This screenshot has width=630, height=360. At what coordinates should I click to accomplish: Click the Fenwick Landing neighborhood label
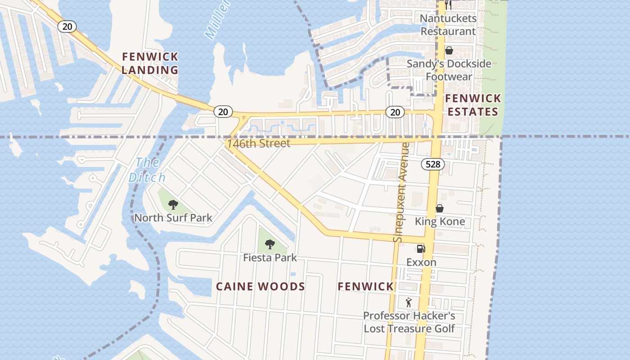150,63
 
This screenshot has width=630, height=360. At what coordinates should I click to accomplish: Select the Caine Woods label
261,287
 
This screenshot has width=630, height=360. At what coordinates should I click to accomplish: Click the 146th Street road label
259,144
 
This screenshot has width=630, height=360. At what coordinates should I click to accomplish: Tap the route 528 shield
432,164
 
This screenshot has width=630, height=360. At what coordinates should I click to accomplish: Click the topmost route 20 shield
67,27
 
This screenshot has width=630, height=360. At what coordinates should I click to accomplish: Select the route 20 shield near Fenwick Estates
395,112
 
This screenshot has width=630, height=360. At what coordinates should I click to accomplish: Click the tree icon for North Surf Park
173,205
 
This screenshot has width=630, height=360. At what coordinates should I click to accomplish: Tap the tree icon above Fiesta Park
270,244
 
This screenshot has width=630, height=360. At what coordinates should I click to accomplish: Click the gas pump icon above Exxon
421,249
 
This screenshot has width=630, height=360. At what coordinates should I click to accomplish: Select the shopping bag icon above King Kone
440,208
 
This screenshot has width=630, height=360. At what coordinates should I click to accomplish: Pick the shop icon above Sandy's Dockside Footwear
449,50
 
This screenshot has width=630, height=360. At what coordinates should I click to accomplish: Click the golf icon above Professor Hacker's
409,302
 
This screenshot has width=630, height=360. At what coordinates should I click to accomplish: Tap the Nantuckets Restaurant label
448,25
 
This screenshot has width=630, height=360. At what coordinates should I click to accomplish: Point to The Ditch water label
147,170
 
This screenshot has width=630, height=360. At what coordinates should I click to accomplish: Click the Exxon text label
421,262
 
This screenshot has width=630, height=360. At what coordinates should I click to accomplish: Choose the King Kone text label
440,221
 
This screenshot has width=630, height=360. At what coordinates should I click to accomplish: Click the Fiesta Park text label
270,258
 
